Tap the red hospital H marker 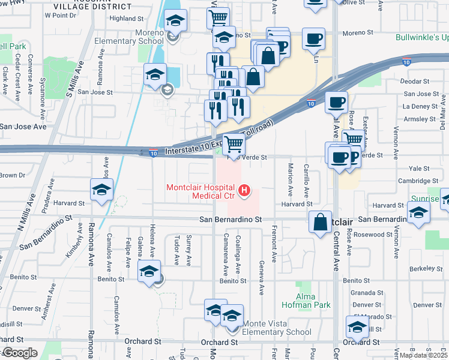pyautogui.click(x=244, y=191)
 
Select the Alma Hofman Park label pyautogui.click(x=313, y=301)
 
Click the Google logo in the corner pyautogui.click(x=19, y=353)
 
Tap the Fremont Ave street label pyautogui.click(x=274, y=244)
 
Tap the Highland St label pyautogui.click(x=128, y=19)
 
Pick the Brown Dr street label pyautogui.click(x=12, y=175)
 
